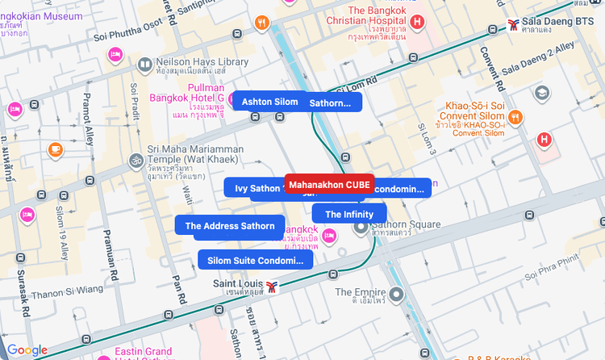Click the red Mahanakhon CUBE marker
pos(329,185)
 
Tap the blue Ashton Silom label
pos(269,102)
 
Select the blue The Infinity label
pos(348,214)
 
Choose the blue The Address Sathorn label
pos(230,226)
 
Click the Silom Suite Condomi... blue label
pos(255,260)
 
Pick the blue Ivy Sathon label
pos(253,188)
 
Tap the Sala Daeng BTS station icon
pos(514,24)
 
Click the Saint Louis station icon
pos(273,286)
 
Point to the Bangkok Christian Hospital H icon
pos(417,22)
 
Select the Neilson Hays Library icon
pos(144,65)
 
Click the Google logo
pos(27,350)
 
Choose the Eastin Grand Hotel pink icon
pos(102,356)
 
